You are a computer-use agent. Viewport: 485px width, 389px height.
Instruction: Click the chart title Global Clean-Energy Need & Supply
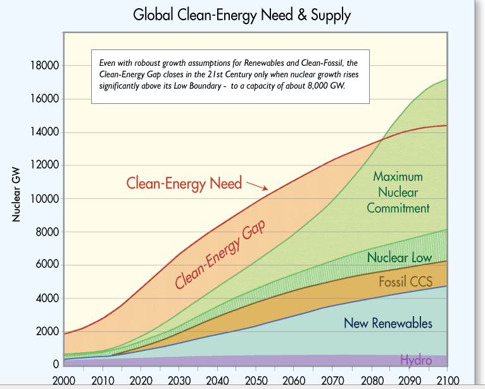[x=241, y=15]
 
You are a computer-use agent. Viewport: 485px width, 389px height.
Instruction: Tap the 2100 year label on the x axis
[x=446, y=379]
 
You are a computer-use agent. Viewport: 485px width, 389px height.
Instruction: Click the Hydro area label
[x=416, y=360]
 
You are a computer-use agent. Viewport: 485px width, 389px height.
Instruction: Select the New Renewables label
[x=387, y=323]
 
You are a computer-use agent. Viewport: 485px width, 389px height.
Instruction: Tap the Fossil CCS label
[x=405, y=281]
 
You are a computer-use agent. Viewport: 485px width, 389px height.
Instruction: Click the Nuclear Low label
[x=399, y=257]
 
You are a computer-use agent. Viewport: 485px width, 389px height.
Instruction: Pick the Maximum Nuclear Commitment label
[x=398, y=192]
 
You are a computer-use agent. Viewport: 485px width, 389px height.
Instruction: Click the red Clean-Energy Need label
[x=184, y=183]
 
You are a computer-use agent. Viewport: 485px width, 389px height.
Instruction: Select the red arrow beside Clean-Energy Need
[x=258, y=185]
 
